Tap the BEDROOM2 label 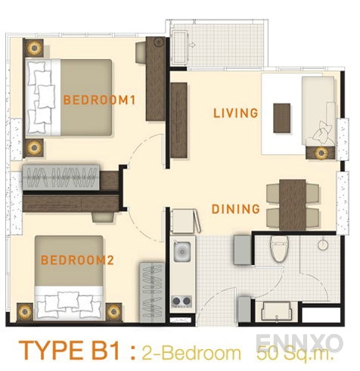77,261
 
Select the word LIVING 235,113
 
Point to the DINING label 235,209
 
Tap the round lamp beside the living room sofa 321,153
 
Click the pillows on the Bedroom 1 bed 42,94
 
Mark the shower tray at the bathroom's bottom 279,311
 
